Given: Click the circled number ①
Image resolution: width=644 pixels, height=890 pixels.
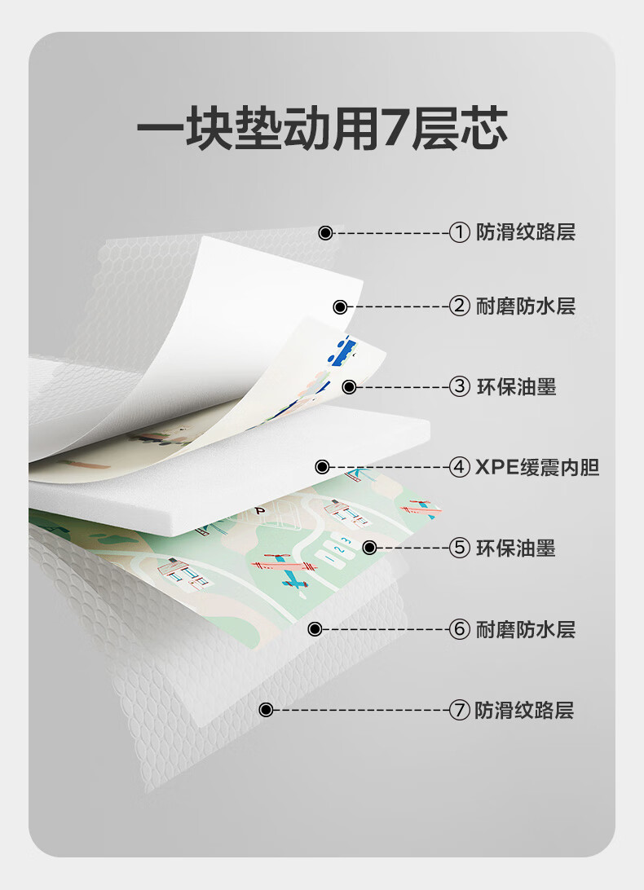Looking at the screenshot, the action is tap(460, 233).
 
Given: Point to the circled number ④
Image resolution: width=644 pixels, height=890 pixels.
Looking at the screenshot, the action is tap(460, 468).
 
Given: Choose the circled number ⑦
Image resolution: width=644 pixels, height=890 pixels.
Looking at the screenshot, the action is tap(460, 711).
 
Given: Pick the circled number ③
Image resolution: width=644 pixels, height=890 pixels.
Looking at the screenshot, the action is tap(460, 387).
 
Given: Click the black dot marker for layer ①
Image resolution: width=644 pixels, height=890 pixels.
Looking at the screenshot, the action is tap(325, 233).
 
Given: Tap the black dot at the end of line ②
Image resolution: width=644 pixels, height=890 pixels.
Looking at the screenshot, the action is tap(341, 307).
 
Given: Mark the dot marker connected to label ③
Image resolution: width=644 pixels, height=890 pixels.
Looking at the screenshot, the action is tap(349, 387).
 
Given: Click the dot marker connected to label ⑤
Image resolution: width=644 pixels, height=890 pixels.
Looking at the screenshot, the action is tap(368, 549).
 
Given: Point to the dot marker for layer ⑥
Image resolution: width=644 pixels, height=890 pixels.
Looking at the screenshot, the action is tap(315, 629).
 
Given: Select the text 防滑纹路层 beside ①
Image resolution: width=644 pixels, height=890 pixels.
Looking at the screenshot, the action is tap(526, 233).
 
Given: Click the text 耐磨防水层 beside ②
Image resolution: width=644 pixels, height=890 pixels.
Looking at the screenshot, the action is tap(526, 307).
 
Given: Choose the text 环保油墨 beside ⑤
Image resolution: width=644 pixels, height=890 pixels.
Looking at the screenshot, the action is tap(516, 549).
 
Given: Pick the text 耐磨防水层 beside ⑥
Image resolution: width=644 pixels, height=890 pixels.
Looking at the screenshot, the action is tap(526, 629).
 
